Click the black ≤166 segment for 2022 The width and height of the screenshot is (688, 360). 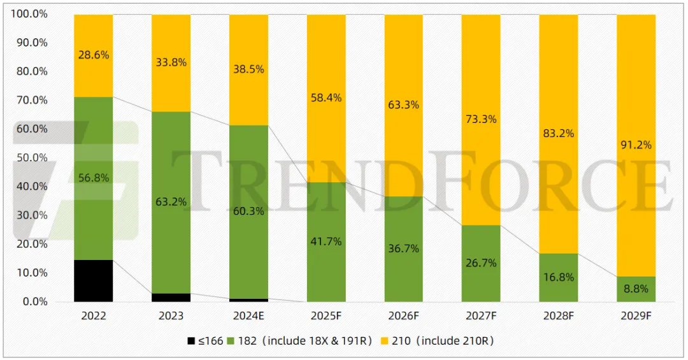(x=93, y=280)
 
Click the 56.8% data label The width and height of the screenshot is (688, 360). (x=93, y=178)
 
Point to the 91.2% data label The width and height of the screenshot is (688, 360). (x=636, y=145)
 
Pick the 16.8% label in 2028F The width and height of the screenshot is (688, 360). (x=559, y=277)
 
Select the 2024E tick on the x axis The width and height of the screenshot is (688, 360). (x=248, y=316)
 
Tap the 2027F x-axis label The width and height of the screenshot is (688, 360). (x=481, y=316)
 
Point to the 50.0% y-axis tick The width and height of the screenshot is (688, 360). (x=30, y=157)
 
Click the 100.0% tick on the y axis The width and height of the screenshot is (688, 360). (x=27, y=13)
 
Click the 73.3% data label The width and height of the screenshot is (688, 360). (x=481, y=119)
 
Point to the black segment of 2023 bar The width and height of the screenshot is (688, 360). (x=171, y=297)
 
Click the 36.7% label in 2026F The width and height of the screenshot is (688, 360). (x=403, y=248)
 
